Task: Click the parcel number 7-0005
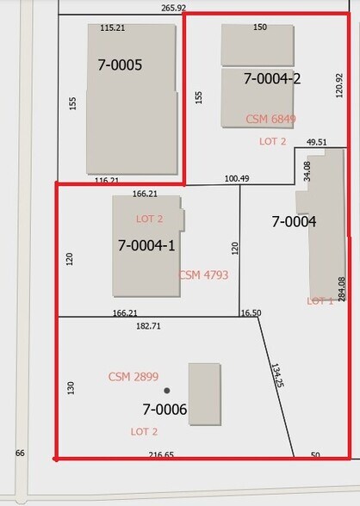120,65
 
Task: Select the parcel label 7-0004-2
272,78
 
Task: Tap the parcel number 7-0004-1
146,245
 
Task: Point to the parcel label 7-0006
164,410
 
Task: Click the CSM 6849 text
270,119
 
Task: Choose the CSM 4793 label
203,275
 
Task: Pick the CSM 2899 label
133,377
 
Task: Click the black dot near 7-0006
166,391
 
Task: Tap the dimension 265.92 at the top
173,8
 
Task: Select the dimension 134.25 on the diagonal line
277,375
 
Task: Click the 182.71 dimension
148,326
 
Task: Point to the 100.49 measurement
237,178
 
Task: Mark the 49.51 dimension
316,142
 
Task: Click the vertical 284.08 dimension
342,289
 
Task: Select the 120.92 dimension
339,85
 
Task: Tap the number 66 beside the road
20,453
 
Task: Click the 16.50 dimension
251,312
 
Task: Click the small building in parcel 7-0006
205,394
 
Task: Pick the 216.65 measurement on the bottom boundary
161,455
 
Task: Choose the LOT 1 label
320,301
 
